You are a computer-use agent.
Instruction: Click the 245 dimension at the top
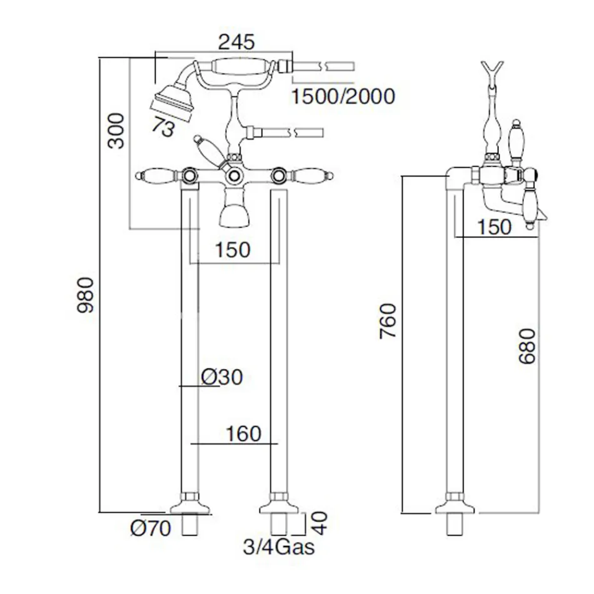tap(237, 43)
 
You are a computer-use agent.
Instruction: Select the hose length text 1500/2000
tap(343, 96)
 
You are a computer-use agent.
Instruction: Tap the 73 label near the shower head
tap(163, 128)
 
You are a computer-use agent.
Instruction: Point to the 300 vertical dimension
tap(117, 131)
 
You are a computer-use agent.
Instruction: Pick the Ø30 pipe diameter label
tap(222, 376)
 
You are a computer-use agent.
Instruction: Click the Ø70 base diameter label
tap(150, 529)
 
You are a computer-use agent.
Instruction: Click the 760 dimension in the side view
tap(388, 321)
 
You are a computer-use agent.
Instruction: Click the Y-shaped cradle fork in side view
tap(493, 70)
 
